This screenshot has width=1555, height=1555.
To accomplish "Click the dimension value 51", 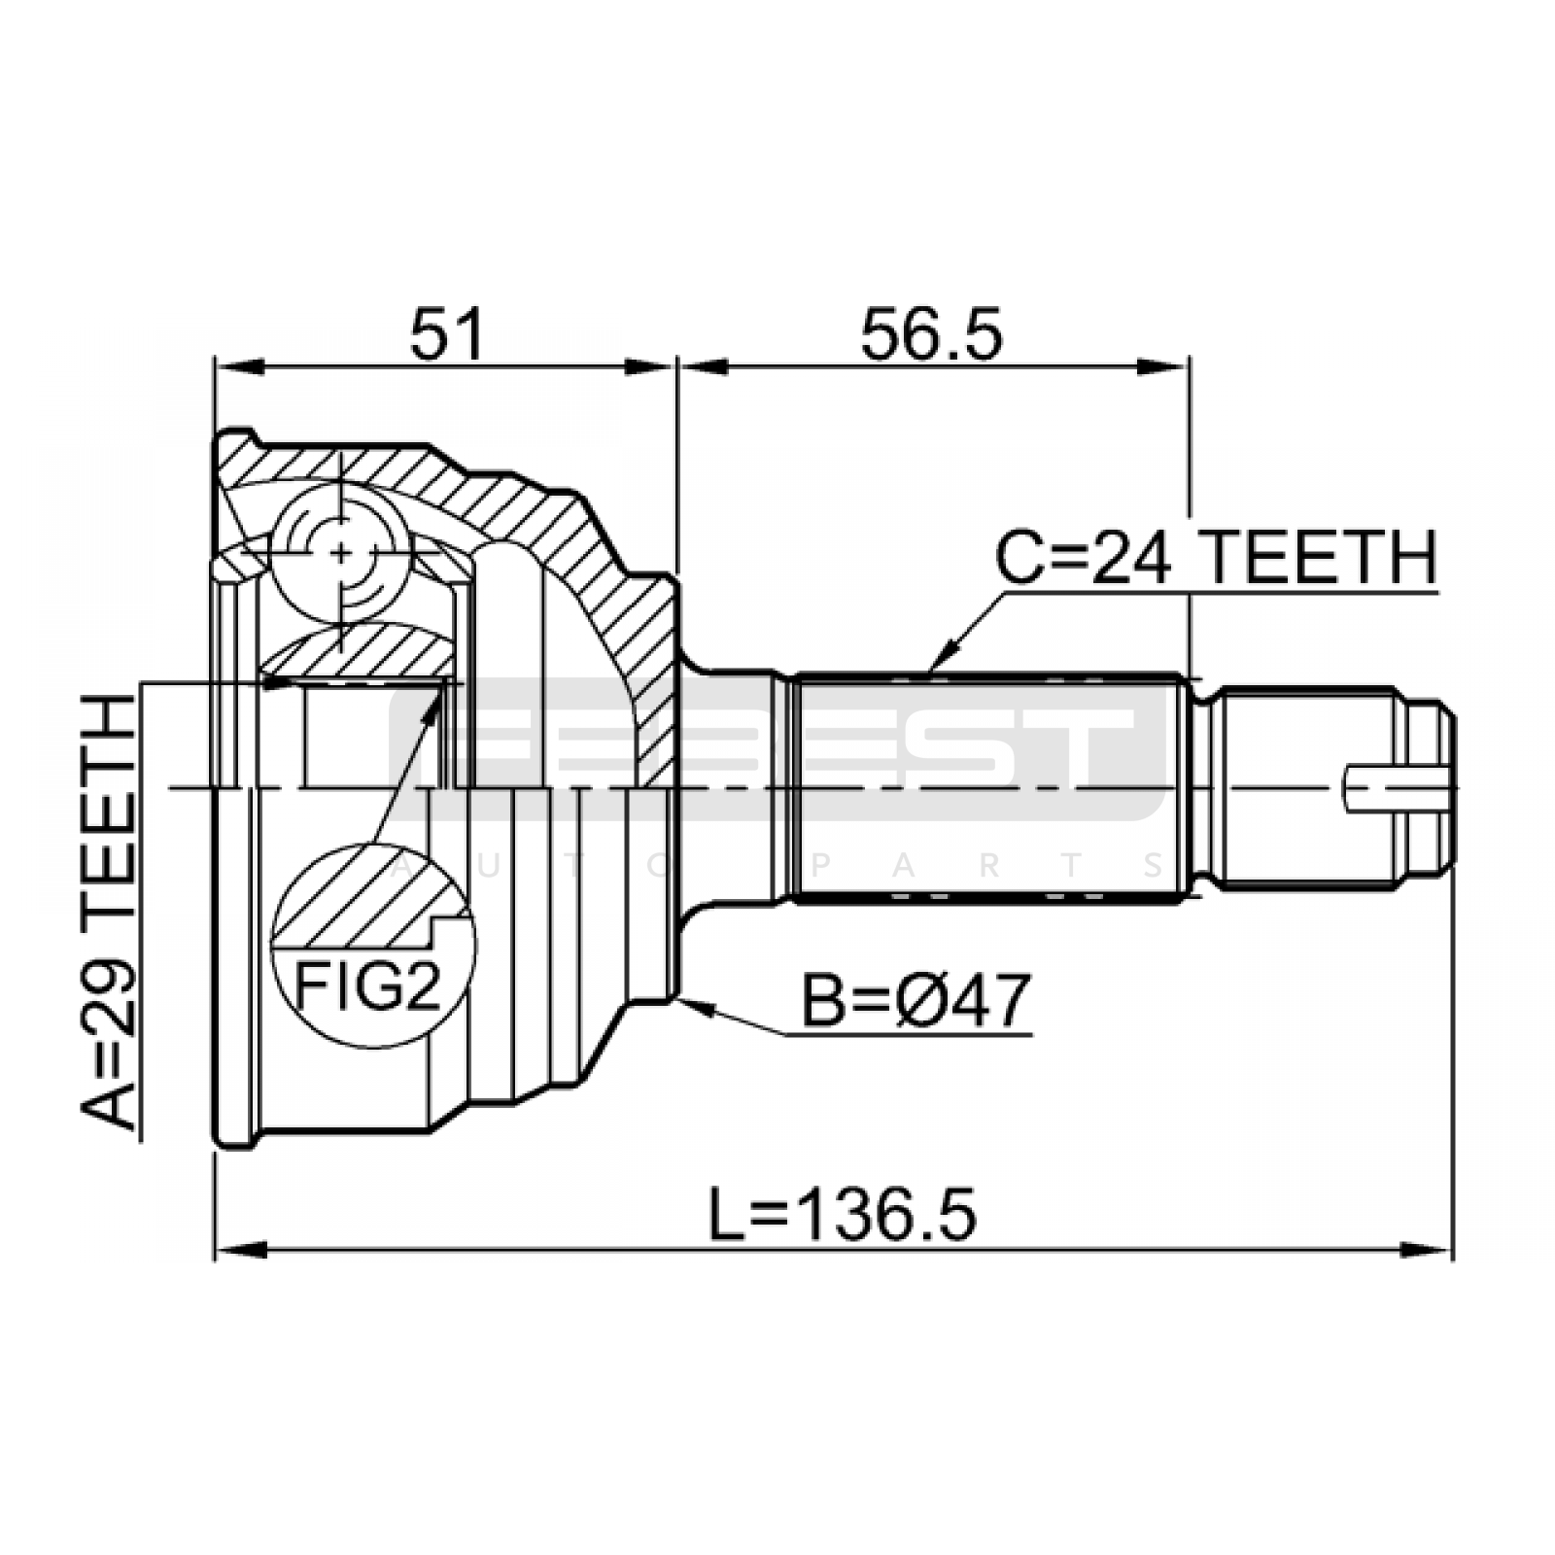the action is coord(446,334).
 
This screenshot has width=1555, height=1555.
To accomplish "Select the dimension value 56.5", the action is coord(931,334).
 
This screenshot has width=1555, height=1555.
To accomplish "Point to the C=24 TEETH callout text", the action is coord(1215,558).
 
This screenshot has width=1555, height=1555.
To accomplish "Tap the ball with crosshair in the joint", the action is coord(340,552).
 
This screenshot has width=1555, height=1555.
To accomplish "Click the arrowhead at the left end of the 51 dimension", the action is coord(239,367).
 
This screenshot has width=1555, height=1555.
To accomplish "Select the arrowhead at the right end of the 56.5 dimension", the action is coord(1163,367).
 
